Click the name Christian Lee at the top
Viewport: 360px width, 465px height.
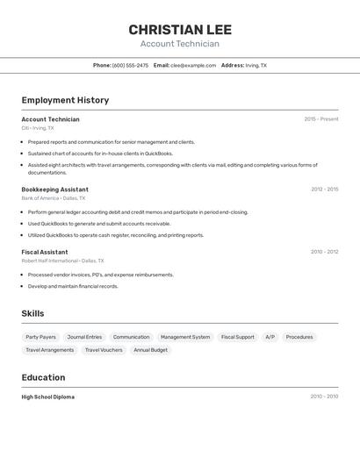tap(180, 30)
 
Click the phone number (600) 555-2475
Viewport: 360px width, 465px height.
tap(130, 65)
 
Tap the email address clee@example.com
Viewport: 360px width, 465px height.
tap(192, 65)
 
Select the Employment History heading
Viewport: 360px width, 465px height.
tap(65, 100)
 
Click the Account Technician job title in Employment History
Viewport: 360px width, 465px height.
tap(50, 119)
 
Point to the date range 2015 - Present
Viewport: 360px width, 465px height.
tap(320, 119)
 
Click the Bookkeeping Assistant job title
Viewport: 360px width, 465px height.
tap(54, 190)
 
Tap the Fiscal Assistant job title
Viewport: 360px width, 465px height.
tap(45, 252)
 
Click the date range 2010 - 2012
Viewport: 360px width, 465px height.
tap(324, 252)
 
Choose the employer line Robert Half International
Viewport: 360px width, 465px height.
tap(62, 261)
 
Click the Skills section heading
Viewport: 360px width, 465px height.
tap(32, 313)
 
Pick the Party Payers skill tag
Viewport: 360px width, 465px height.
tap(40, 337)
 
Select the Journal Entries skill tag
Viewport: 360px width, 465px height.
tap(84, 337)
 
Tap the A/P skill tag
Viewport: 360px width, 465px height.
tap(270, 337)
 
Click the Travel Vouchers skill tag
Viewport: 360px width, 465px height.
tap(104, 350)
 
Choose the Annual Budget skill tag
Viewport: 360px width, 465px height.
tap(150, 350)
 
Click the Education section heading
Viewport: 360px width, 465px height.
tap(43, 377)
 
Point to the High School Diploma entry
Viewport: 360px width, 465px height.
tap(47, 397)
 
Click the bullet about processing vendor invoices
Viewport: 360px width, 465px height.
tap(100, 275)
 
